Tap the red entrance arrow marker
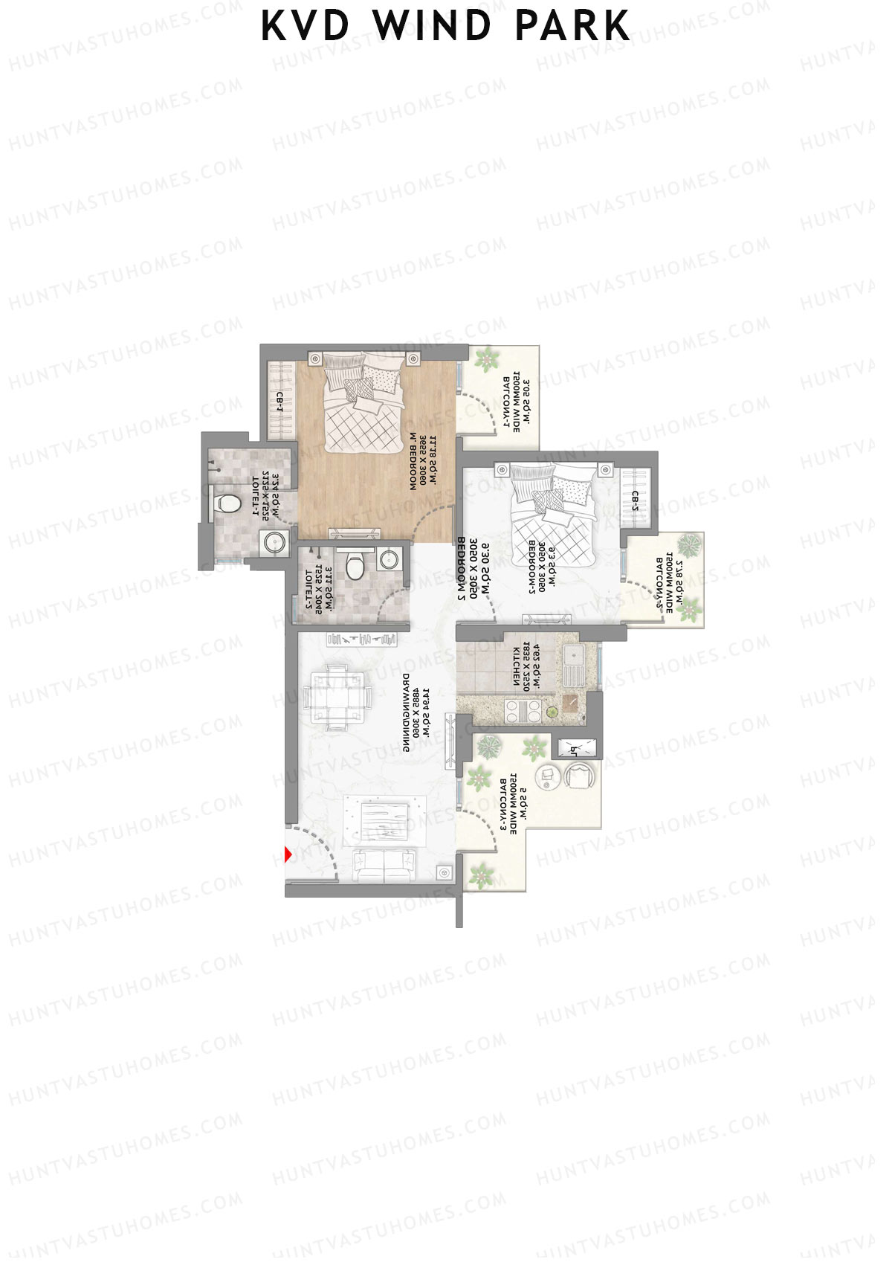pos(288,855)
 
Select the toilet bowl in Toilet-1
pos(227,503)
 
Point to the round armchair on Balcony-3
pos(580,776)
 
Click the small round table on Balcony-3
pos(549,773)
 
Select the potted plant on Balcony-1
pos(488,361)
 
